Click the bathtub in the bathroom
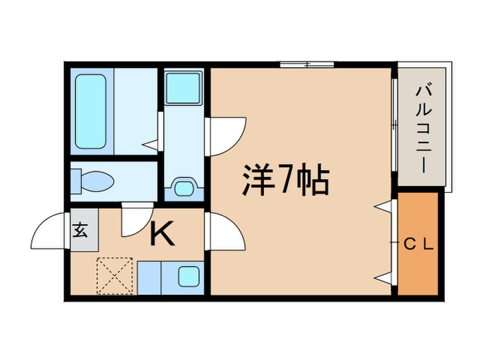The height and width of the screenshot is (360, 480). [91, 111]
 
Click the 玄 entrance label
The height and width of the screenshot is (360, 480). [81, 230]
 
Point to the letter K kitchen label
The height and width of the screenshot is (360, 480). [163, 235]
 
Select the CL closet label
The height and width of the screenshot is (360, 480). [418, 243]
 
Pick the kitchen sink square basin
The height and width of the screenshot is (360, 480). [188, 276]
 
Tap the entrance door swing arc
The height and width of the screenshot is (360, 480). [49, 230]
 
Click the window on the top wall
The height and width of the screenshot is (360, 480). [307, 65]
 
